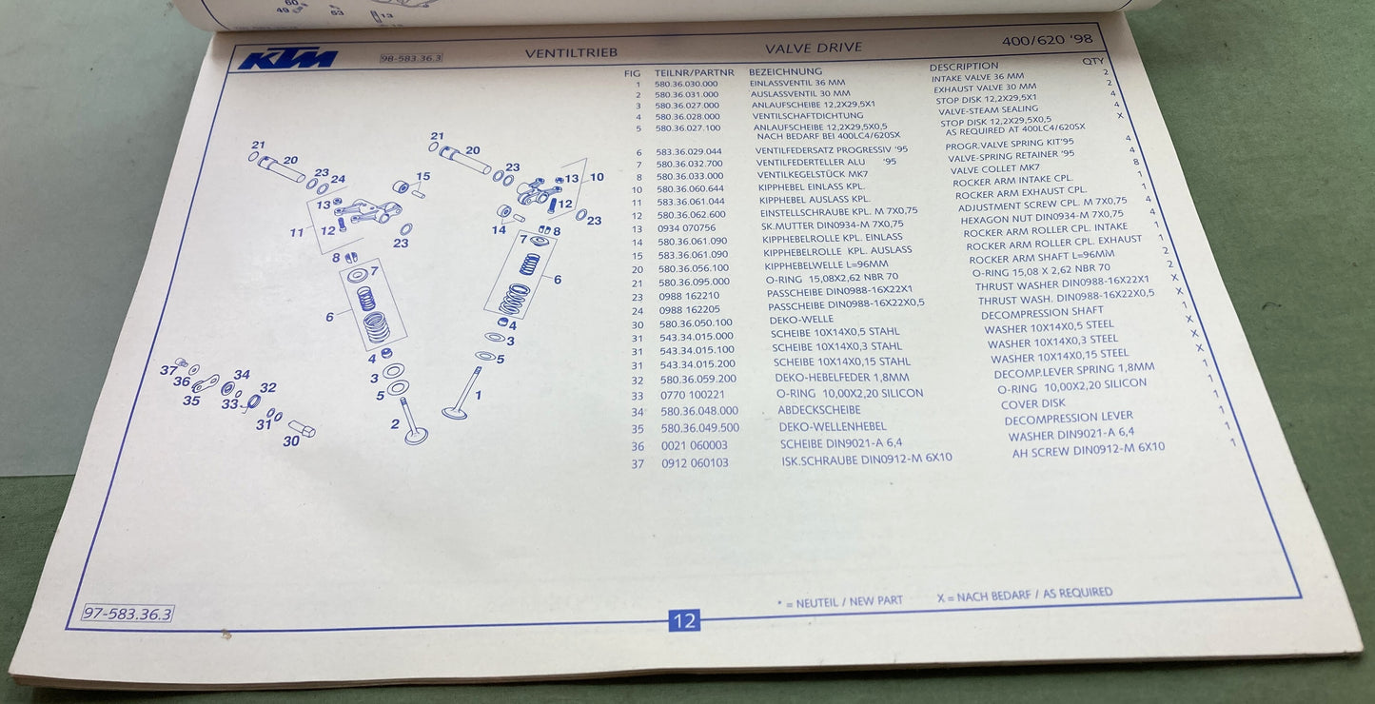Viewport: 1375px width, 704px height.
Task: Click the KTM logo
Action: click(x=286, y=59)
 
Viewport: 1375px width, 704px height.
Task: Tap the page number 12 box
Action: click(x=684, y=621)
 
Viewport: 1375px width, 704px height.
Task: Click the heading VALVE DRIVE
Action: click(x=814, y=48)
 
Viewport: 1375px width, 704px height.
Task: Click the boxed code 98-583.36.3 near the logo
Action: click(x=411, y=59)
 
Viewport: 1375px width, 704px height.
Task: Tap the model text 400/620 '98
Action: click(x=1047, y=40)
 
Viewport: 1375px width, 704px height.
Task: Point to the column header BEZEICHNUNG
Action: click(x=785, y=71)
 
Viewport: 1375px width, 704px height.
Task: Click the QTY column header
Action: click(x=1093, y=61)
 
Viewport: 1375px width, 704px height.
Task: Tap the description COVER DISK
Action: click(x=1033, y=403)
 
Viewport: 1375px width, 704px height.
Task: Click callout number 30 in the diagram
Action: click(x=291, y=440)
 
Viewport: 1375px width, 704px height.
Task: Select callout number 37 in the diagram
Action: click(x=168, y=369)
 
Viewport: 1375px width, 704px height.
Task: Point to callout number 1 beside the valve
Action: click(x=478, y=394)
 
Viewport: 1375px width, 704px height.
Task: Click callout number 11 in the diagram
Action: click(x=296, y=232)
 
